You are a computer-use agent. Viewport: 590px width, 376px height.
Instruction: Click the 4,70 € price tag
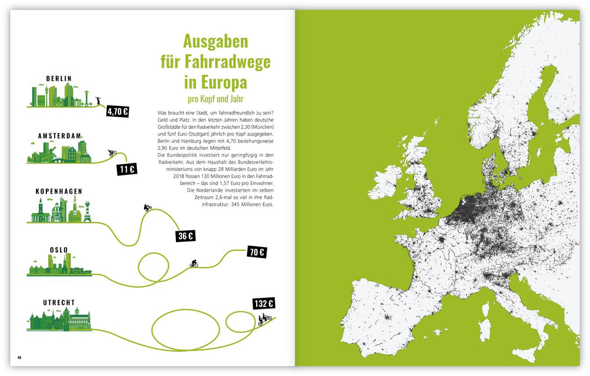117,111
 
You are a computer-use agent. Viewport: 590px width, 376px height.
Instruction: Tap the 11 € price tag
127,169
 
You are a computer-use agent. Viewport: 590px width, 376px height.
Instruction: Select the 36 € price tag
186,236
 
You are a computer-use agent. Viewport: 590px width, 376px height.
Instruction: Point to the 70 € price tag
256,252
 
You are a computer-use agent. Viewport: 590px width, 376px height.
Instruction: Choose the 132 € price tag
263,304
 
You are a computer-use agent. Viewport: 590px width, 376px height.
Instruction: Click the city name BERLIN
59,79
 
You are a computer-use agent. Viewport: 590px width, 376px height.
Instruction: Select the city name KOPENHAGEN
59,191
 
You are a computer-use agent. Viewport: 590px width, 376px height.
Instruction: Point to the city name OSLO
59,250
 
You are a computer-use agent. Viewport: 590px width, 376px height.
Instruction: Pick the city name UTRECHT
59,302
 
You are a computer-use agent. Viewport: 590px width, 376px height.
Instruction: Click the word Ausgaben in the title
215,42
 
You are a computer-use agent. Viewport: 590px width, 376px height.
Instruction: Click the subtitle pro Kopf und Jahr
215,100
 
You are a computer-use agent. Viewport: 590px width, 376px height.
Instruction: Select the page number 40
19,358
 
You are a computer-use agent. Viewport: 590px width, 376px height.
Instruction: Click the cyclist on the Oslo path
193,263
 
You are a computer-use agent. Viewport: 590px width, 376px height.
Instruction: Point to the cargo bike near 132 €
265,319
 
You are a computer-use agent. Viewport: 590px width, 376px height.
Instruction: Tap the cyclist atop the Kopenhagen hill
147,207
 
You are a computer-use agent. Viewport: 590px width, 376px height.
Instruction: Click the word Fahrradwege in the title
215,62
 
